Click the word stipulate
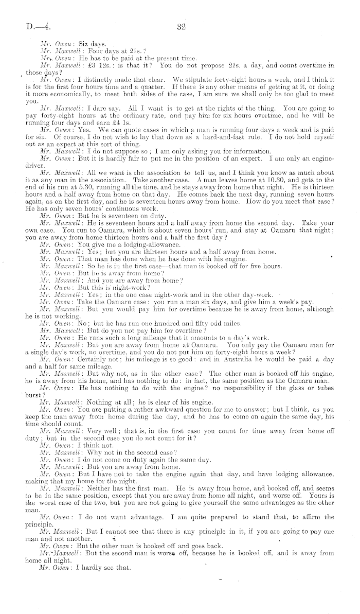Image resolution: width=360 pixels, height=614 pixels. click(200, 80)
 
